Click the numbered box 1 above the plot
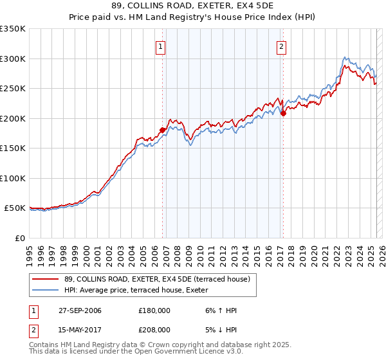[160, 46]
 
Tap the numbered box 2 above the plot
[282, 46]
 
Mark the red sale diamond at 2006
[162, 130]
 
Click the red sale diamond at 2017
[283, 113]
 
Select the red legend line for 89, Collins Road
[46, 278]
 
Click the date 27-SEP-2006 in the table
[79, 310]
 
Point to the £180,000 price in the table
[154, 310]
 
